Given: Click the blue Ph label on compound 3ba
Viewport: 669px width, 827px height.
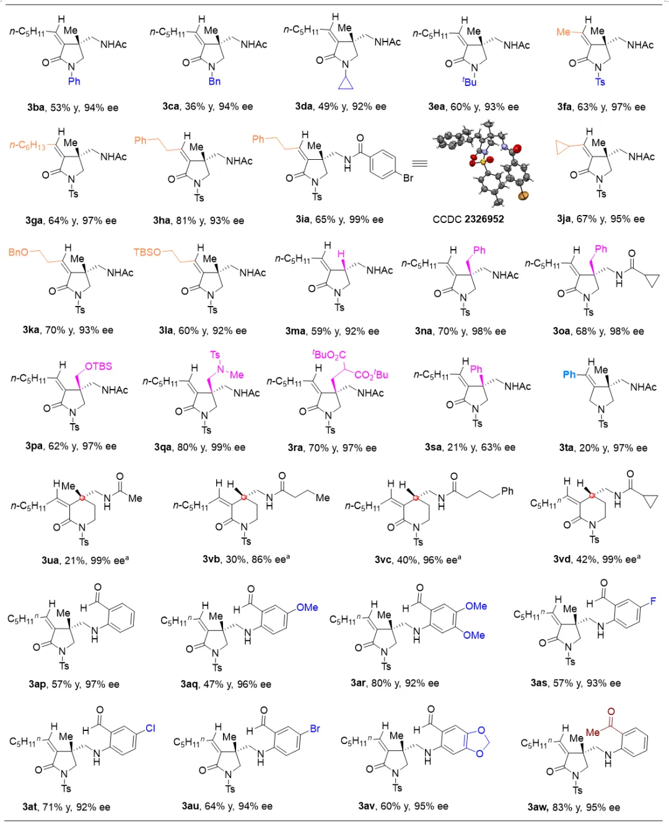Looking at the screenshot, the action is point(74,81).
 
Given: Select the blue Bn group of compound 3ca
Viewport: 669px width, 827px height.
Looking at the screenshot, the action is point(214,81).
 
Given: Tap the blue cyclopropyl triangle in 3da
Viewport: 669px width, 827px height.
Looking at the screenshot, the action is point(346,83).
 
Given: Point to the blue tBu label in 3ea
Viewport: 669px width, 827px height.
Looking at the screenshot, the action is point(470,82).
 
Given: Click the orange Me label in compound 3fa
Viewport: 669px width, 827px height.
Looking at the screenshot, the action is point(564,32).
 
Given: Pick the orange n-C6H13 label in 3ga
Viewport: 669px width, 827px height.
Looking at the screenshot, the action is point(28,146).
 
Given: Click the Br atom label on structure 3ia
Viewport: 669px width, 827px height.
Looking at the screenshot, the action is point(408,178).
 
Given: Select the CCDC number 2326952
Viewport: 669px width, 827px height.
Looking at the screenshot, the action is point(484,219).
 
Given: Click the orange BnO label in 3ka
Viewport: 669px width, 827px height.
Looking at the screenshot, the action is point(18,252).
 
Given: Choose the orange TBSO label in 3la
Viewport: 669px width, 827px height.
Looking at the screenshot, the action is point(147,252).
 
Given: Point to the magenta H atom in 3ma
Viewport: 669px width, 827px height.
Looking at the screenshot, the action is point(341,254).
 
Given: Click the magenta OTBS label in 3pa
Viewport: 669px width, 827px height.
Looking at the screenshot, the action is point(98,366).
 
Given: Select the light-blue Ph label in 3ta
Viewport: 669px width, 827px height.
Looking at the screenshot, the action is point(569,374).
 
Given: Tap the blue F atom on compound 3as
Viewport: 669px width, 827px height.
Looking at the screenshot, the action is point(653,601).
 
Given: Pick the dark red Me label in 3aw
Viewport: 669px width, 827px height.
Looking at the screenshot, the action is point(593,732).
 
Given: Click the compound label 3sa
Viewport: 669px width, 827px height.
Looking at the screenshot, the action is point(433,447).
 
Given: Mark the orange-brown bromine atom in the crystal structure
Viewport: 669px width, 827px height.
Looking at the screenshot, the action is point(523,196).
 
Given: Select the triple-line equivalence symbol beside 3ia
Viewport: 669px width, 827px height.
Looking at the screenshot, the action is point(419,164).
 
